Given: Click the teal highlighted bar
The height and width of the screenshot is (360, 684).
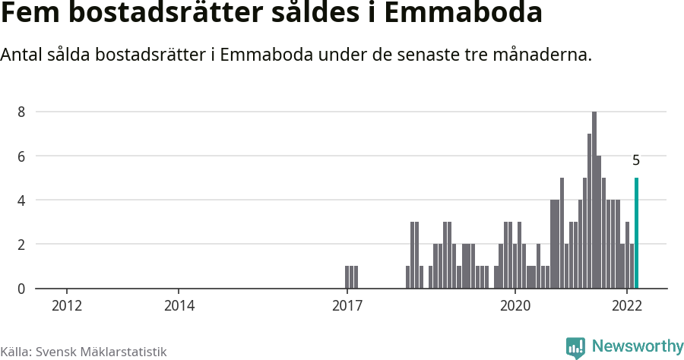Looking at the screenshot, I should [636, 233].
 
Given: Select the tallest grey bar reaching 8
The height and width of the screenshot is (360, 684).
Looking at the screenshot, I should [594, 201].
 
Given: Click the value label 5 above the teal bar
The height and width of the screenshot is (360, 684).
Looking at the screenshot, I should [636, 161].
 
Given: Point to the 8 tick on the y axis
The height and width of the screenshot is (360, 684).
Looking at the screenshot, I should [22, 112].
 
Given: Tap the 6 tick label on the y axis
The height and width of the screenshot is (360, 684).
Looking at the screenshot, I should [22, 156].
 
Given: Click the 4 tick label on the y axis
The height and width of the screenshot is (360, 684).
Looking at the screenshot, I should [22, 201].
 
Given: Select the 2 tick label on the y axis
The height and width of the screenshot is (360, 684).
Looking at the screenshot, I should [22, 245].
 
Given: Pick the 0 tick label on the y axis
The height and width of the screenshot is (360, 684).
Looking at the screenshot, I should [22, 289].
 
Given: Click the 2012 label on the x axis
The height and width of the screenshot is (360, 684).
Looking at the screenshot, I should [67, 306].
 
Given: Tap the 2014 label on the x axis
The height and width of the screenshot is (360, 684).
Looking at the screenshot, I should [179, 306].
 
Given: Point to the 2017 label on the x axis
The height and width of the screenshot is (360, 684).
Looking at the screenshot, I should [347, 306].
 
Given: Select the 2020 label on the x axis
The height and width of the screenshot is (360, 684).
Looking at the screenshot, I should [515, 306].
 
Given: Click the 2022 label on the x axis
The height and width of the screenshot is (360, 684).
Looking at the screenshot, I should [628, 306].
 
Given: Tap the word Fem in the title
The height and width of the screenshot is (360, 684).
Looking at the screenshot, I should [29, 14].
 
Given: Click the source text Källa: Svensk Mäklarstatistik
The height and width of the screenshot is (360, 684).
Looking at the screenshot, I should [84, 352].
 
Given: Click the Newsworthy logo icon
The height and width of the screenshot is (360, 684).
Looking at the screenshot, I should [575, 348].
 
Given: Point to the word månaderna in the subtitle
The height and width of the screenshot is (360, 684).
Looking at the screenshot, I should [542, 55].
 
